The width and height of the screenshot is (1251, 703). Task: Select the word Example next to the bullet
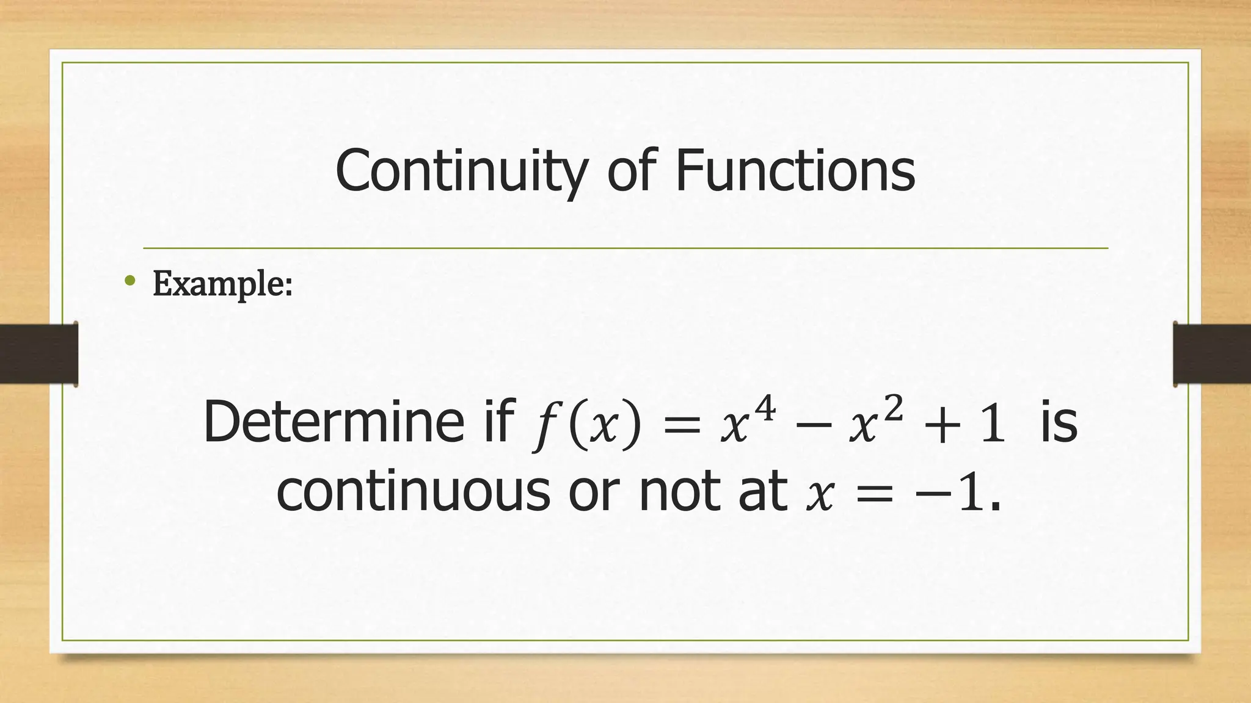[222, 284]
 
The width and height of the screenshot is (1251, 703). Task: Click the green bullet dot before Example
[129, 281]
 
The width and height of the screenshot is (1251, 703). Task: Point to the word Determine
[334, 422]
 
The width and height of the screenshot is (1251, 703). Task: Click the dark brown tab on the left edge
[38, 354]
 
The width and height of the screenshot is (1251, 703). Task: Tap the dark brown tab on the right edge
[1212, 354]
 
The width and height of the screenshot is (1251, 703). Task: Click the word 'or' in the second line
[594, 493]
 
